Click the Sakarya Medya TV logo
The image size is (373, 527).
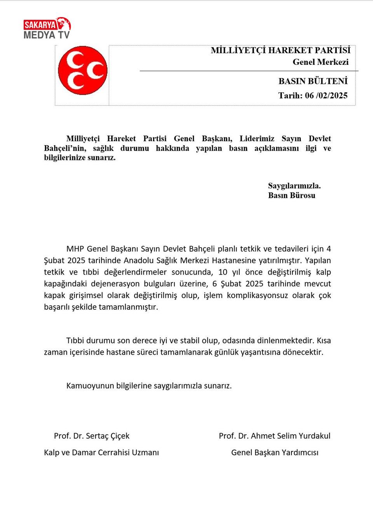[x=47, y=28]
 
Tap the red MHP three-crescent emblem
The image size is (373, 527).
[x=82, y=70]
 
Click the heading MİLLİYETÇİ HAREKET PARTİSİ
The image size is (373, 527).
[x=280, y=50]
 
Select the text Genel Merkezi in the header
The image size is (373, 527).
[x=320, y=62]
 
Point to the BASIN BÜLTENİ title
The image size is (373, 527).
[x=313, y=81]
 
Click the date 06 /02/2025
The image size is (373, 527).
[x=326, y=95]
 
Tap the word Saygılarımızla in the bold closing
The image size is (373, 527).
[x=294, y=185]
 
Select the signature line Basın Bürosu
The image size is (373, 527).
[x=291, y=195]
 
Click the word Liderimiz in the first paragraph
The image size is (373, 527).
[x=257, y=139]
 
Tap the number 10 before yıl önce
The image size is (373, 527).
[x=223, y=272]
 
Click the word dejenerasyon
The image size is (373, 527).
[x=115, y=284]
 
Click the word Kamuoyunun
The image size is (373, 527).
[x=90, y=386]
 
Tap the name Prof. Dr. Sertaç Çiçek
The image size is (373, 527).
[x=92, y=436]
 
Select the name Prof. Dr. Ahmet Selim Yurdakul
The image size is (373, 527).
[x=274, y=436]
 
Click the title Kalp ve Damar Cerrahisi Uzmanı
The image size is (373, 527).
[x=101, y=452]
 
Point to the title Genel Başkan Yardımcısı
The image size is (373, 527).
[x=274, y=452]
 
